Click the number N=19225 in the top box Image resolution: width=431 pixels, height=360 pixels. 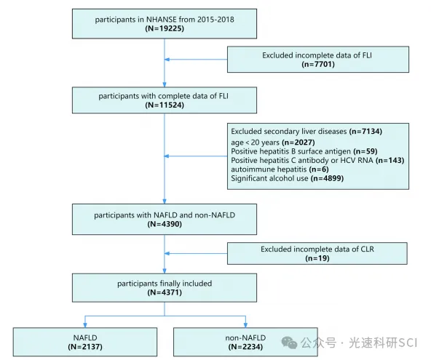[x=165, y=28]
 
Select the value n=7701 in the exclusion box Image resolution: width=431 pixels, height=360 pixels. [x=318, y=64]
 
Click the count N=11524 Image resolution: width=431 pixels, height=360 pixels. [x=165, y=105]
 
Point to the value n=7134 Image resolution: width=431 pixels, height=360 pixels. [x=365, y=131]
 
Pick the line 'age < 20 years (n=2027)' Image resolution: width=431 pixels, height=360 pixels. [x=273, y=143]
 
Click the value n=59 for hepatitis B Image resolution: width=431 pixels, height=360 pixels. [x=365, y=151]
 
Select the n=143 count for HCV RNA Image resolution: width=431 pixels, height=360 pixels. [x=390, y=161]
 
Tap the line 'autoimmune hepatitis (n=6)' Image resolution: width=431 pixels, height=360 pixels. [x=280, y=169]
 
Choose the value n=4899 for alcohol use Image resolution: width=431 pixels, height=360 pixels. [x=327, y=178]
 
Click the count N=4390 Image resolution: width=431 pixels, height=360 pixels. [x=165, y=224]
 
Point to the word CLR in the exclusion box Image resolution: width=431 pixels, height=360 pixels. [x=368, y=249]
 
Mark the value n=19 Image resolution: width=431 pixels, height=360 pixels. [x=317, y=258]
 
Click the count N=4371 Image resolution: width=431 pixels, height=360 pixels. [x=165, y=292]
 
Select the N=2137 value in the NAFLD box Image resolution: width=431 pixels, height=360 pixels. [x=85, y=347]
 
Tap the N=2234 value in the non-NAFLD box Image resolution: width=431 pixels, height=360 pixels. [x=245, y=347]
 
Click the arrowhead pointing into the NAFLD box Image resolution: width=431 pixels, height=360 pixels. [x=85, y=325]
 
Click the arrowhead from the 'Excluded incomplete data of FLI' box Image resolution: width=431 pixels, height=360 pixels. [x=167, y=60]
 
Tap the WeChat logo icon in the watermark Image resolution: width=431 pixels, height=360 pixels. [x=289, y=343]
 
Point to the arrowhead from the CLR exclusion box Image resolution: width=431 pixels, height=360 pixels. [x=167, y=253]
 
